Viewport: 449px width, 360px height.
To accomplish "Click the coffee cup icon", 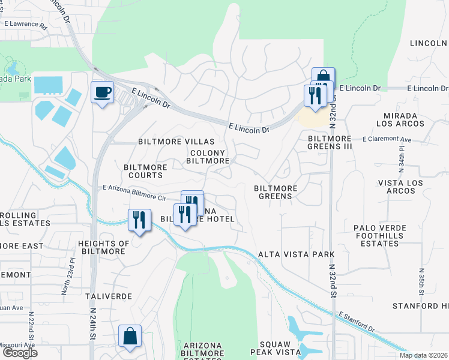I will pos(101,92).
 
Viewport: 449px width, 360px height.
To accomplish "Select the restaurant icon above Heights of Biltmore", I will pos(139,220).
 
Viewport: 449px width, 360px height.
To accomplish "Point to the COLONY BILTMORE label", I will pos(208,157).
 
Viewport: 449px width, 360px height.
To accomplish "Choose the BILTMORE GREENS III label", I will pos(330,142).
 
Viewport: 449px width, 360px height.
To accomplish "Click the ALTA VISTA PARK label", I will pos(296,254).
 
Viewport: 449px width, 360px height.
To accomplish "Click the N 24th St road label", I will pos(93,325).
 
